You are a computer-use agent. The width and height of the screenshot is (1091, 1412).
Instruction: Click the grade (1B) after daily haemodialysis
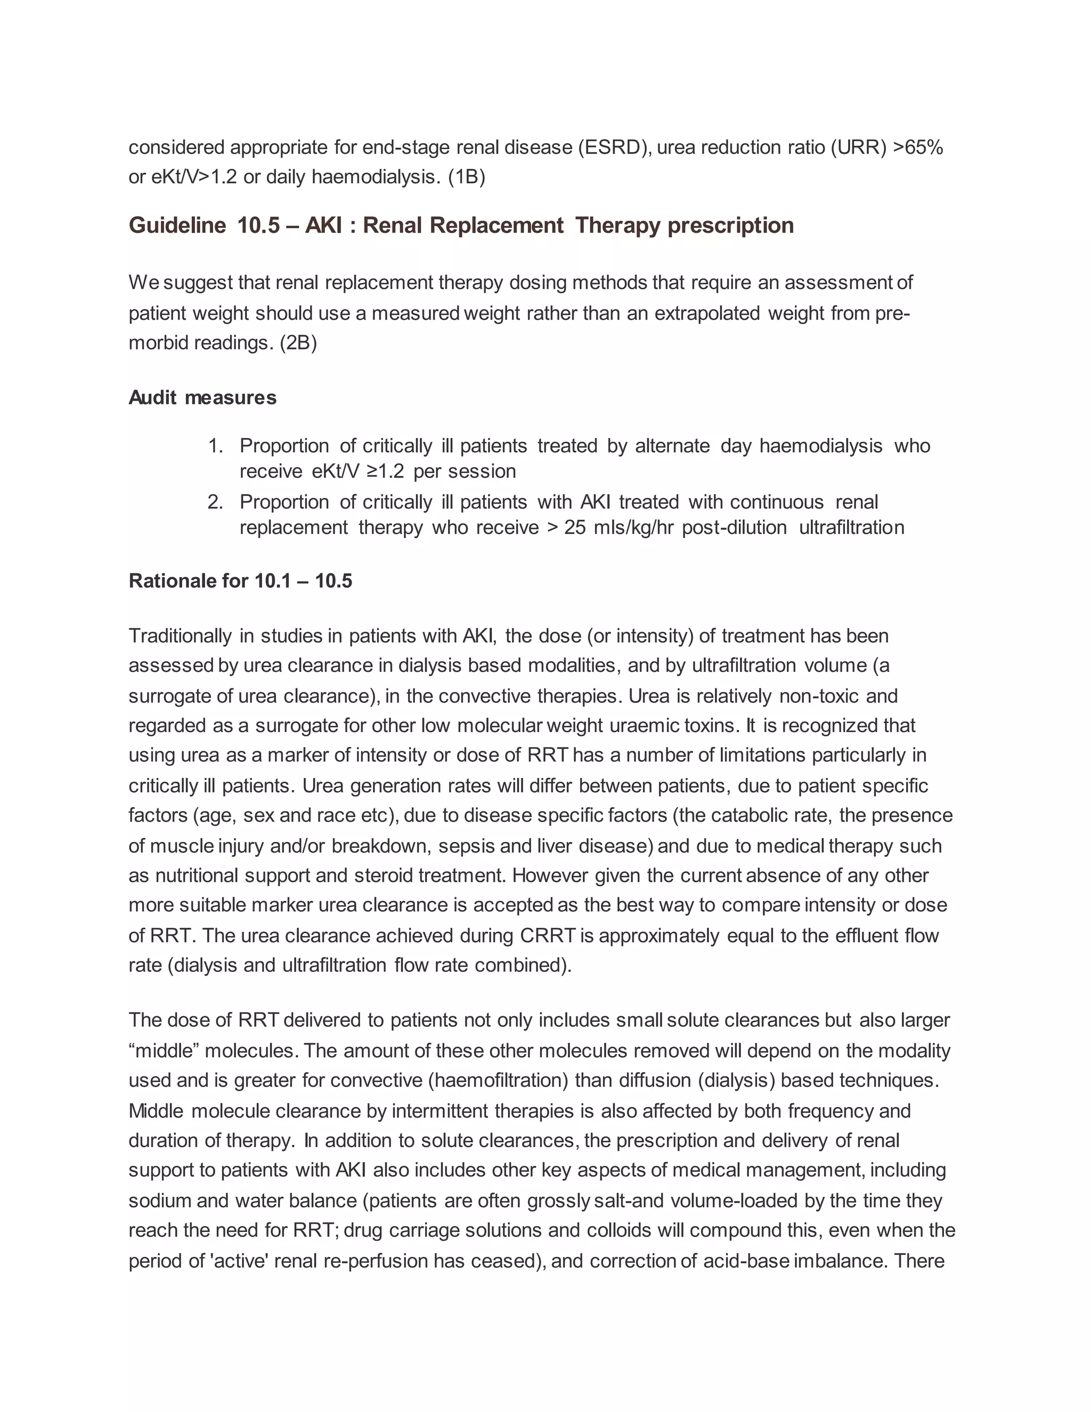[466, 176]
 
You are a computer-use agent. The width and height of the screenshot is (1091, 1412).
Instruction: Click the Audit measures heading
[202, 397]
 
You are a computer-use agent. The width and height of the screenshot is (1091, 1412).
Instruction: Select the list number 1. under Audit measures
[216, 445]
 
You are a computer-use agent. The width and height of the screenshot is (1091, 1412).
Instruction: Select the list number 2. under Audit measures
[216, 502]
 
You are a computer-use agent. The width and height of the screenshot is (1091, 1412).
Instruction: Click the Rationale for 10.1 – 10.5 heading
[240, 581]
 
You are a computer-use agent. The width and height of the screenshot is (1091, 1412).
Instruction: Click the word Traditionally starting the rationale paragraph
[180, 636]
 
